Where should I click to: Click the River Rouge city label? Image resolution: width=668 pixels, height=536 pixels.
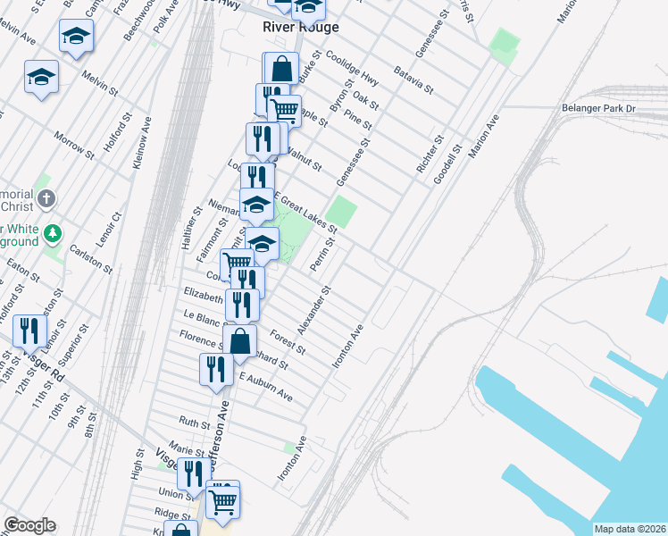[x=301, y=27]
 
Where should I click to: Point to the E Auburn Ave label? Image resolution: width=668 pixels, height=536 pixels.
[x=265, y=386]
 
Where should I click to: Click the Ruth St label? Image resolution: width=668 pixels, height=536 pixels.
[x=195, y=421]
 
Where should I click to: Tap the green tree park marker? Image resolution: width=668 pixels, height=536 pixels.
[x=54, y=233]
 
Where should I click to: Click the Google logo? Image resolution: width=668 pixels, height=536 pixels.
[x=29, y=525]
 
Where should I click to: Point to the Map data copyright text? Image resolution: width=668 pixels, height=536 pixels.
[x=630, y=529]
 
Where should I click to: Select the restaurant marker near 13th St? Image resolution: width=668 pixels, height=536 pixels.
[x=29, y=331]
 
